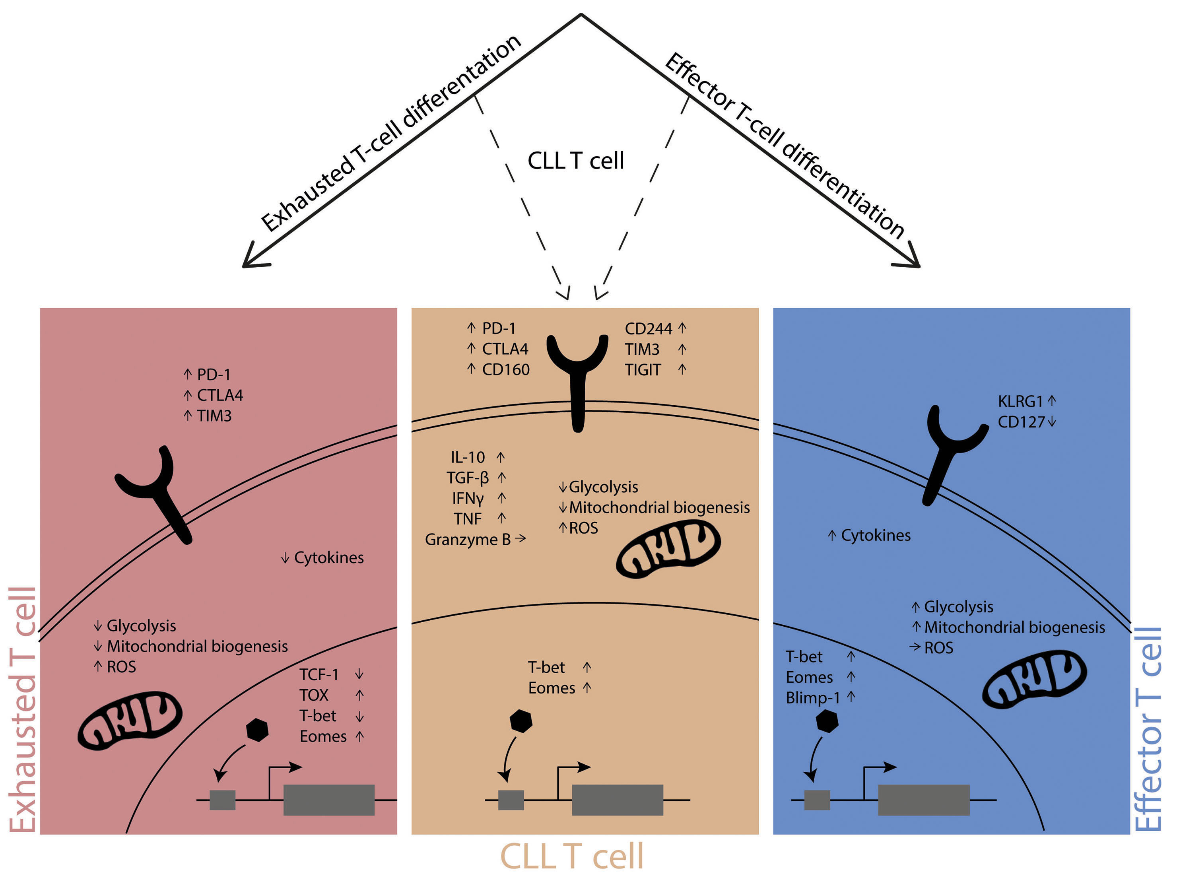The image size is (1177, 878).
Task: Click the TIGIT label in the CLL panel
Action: click(643, 370)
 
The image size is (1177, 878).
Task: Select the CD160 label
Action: click(505, 369)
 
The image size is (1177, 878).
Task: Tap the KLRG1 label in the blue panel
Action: click(1020, 401)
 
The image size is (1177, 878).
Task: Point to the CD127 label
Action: click(1021, 422)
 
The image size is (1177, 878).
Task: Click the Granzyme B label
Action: click(468, 540)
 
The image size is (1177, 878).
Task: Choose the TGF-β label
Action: click(468, 478)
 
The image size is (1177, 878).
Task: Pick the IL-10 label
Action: click(468, 457)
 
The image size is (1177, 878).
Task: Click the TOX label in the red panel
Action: click(314, 695)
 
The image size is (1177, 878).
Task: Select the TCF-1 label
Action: click(319, 674)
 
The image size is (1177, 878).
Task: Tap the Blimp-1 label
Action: click(812, 698)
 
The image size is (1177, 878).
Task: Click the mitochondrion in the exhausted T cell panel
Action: click(130, 720)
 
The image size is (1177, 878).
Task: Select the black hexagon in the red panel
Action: click(257, 730)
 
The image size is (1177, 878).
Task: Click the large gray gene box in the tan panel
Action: click(618, 800)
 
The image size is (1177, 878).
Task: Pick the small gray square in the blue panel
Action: click(817, 800)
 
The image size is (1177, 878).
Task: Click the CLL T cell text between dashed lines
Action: click(575, 161)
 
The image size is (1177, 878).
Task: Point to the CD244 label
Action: click(648, 329)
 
